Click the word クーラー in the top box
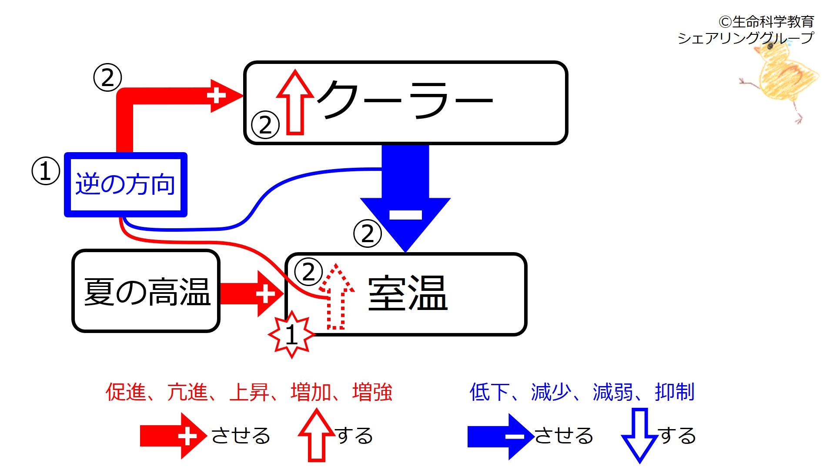[x=405, y=100]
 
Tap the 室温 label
[x=408, y=293]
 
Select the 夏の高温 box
[x=146, y=291]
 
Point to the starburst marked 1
[x=291, y=334]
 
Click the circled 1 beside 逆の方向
[x=46, y=171]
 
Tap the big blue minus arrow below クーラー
[x=405, y=198]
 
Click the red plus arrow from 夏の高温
[x=252, y=294]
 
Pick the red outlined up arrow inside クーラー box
[x=295, y=102]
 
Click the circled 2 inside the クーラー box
[x=265, y=125]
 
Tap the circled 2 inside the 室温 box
[x=308, y=272]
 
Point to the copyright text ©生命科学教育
[x=766, y=21]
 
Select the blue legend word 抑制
[x=675, y=392]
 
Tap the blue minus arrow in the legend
[x=501, y=436]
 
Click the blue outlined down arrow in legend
[x=639, y=435]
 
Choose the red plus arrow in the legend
[x=173, y=436]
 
